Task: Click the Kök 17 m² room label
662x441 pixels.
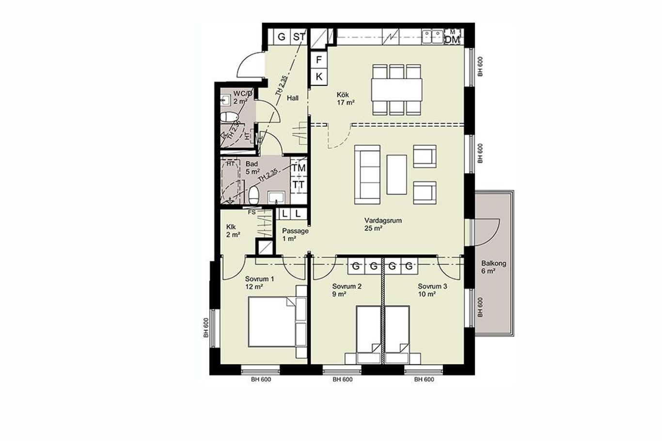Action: click(346, 99)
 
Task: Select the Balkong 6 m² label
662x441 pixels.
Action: click(493, 267)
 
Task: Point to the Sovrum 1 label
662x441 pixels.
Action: click(259, 279)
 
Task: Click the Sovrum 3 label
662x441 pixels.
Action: click(432, 286)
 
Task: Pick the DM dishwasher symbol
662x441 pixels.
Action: click(452, 39)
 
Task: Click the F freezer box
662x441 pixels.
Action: click(318, 60)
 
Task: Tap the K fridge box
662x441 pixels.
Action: click(318, 77)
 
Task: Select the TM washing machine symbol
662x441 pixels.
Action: click(299, 168)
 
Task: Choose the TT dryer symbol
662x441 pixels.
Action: click(299, 185)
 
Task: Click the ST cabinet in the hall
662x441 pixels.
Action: click(299, 37)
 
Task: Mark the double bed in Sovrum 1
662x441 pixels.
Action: click(272, 321)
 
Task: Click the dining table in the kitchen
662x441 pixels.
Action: click(396, 90)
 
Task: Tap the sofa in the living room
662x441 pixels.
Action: click(367, 174)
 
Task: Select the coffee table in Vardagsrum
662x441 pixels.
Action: click(396, 174)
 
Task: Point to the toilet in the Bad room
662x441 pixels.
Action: click(254, 195)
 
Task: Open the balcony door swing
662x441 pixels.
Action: click(487, 232)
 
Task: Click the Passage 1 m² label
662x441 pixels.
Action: click(295, 235)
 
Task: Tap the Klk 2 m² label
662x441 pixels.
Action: click(233, 231)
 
